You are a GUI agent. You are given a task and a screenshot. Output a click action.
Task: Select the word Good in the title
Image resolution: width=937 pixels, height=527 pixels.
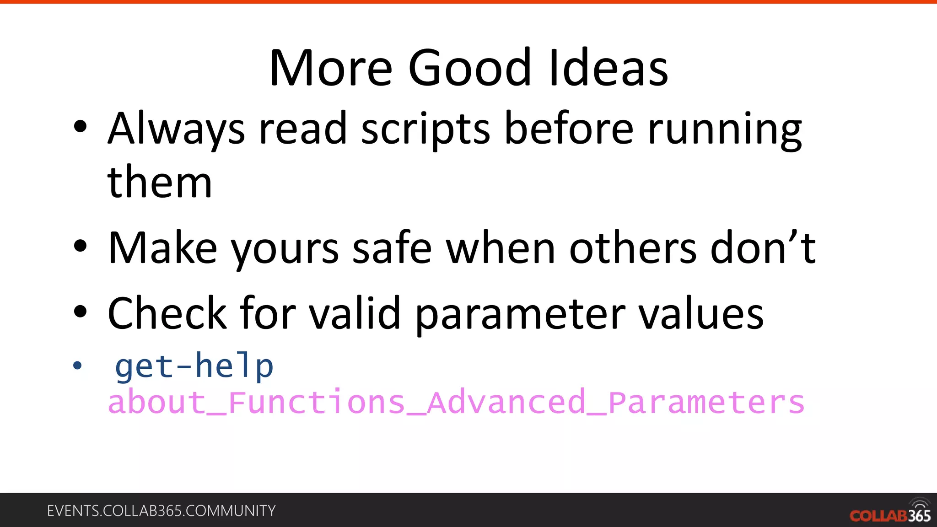469,69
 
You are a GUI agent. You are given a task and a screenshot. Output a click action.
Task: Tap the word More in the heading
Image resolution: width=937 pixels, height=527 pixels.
331,69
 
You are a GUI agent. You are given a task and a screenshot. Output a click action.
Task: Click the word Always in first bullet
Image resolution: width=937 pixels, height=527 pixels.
176,129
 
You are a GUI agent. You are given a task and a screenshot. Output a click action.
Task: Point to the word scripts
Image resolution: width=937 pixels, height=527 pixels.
425,129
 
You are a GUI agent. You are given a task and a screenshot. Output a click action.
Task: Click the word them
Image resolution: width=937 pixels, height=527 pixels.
160,183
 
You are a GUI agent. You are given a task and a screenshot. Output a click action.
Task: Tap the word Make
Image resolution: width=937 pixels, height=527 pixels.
162,248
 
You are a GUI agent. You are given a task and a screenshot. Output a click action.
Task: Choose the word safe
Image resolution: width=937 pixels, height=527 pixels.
392,248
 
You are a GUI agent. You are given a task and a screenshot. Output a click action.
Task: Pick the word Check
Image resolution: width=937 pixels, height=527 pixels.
167,313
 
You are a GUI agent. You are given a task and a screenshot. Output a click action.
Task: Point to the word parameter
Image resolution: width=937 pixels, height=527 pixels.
520,314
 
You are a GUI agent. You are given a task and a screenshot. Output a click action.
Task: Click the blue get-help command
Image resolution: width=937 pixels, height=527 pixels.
194,366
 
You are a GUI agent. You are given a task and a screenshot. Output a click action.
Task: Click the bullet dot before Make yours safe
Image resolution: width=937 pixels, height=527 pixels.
80,246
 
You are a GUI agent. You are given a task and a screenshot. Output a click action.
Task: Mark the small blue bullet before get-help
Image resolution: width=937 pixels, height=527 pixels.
77,366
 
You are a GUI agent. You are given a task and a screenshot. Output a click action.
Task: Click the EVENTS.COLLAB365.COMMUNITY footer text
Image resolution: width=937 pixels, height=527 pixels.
161,511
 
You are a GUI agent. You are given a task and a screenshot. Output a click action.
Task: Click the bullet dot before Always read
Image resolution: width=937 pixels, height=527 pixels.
80,127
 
